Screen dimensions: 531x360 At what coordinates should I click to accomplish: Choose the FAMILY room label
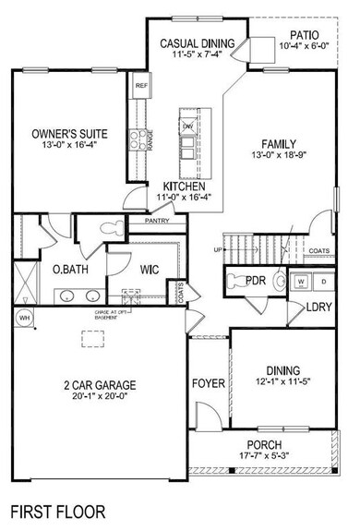point(277,144)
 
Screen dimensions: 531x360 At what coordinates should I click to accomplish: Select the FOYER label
point(209,383)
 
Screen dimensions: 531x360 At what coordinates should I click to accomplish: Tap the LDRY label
point(319,307)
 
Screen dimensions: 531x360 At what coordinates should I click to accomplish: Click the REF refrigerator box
point(141,86)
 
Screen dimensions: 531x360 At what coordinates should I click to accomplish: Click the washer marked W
point(301,281)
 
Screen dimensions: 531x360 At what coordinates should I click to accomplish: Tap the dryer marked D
point(323,281)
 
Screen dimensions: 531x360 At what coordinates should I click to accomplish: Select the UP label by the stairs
point(218,250)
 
